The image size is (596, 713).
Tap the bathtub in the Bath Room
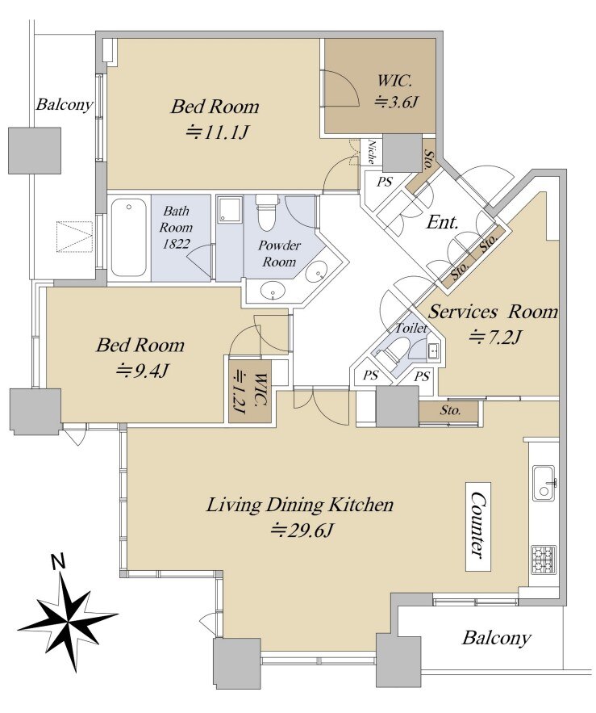coord(128,237)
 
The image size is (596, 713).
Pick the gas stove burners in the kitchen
coord(543,559)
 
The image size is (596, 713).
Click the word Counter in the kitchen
coord(479,526)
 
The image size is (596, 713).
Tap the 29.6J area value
coord(302,531)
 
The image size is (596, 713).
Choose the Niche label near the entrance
coord(372,153)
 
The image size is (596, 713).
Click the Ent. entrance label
coord(443,222)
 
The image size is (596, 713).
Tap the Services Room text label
coord(492,312)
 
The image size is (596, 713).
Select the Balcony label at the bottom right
coord(496,638)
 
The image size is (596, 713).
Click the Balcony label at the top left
coord(65,105)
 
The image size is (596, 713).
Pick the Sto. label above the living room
coord(450,411)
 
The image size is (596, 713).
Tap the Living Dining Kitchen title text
coord(300,505)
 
